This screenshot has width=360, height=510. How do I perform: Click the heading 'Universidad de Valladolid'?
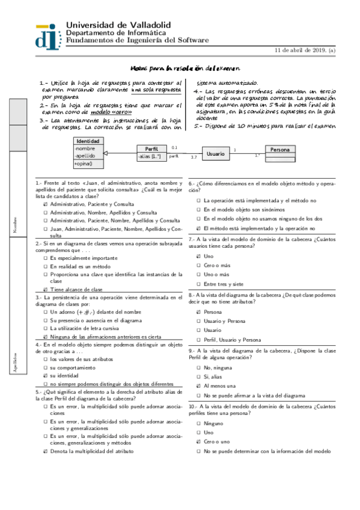click(118, 25)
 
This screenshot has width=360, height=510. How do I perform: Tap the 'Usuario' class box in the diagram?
click(216, 154)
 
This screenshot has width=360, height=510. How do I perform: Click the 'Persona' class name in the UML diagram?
click(280, 150)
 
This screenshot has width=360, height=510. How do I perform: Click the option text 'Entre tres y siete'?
click(224, 283)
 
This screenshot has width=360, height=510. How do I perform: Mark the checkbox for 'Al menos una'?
click(199, 369)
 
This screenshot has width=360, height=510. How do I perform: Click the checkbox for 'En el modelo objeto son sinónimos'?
click(199, 209)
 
